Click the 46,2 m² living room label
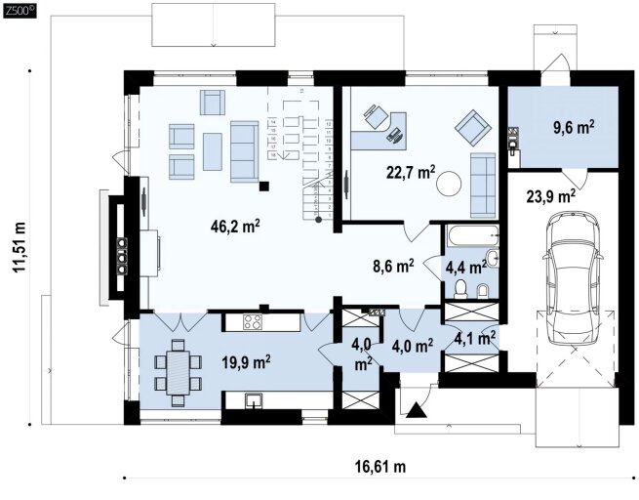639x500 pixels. (235, 226)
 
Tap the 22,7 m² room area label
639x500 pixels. (411, 173)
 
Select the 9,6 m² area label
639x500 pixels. (574, 127)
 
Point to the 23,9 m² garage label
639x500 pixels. (551, 197)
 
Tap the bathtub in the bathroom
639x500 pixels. (472, 235)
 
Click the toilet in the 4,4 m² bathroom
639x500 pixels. (460, 287)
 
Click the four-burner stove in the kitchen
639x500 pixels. (253, 322)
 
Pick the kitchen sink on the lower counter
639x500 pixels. (255, 400)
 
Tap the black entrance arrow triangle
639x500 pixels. (417, 410)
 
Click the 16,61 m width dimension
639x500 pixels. (380, 466)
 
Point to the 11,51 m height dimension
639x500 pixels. (20, 247)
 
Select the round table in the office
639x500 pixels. (449, 184)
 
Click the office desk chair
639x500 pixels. (375, 115)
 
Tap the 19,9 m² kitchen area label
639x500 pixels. (247, 362)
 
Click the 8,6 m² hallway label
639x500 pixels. (394, 267)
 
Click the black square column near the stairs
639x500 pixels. (264, 187)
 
